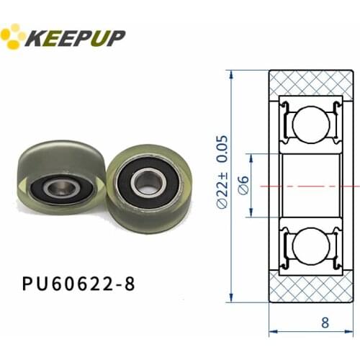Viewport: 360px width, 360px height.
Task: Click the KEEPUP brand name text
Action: click(75, 37)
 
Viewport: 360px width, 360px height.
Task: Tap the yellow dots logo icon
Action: click(12, 36)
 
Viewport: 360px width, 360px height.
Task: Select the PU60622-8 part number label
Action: click(78, 284)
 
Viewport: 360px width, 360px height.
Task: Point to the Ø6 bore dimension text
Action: click(243, 186)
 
